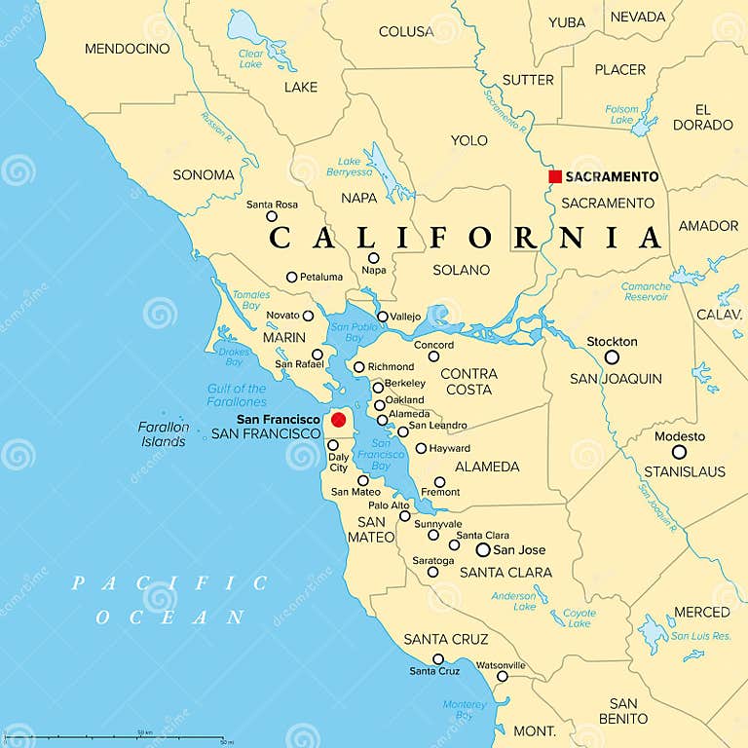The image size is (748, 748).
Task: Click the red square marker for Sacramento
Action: [x=555, y=176]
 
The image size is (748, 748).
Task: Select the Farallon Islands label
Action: [x=163, y=434]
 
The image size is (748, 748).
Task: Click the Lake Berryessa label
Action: [x=355, y=167]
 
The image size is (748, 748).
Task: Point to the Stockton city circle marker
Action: [x=612, y=357]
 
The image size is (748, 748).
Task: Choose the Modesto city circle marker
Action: [x=679, y=452]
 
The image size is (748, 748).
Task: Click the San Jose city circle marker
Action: [x=483, y=549]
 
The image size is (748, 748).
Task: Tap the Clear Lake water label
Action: [x=251, y=59]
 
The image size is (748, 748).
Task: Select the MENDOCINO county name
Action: [x=127, y=49]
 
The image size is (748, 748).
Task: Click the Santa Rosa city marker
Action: [x=272, y=216]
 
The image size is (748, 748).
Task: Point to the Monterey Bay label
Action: [x=465, y=710]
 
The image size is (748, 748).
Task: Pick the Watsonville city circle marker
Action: [x=502, y=676]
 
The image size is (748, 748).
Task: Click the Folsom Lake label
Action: [x=621, y=114]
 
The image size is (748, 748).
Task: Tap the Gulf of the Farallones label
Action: [x=237, y=395]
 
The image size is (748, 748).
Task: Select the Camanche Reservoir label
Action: [x=646, y=291]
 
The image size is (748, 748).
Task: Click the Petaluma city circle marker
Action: [x=291, y=278]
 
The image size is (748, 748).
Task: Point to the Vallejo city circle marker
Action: [x=383, y=317]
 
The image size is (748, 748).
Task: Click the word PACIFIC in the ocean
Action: [x=169, y=583]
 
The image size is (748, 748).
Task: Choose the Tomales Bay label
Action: [x=251, y=300]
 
